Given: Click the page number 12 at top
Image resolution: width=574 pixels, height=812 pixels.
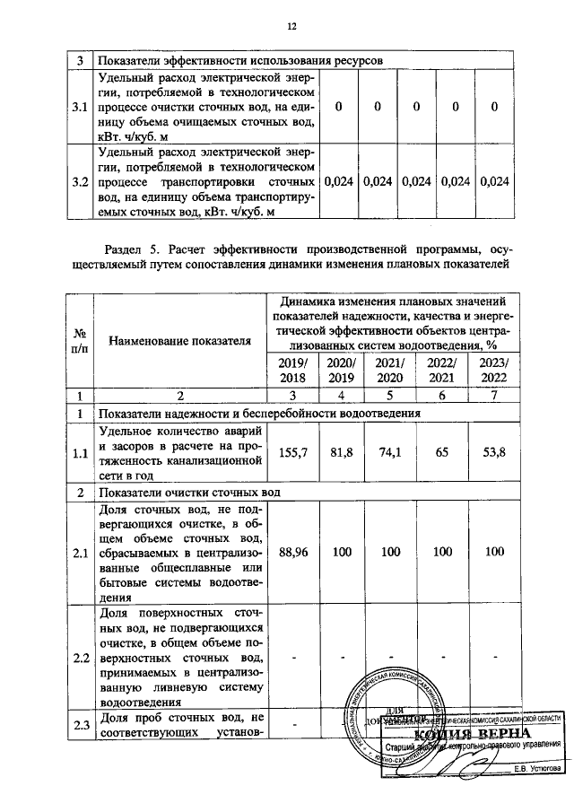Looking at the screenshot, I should pyautogui.click(x=291, y=26).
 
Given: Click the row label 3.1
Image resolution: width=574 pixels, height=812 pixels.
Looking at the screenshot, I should pyautogui.click(x=80, y=108).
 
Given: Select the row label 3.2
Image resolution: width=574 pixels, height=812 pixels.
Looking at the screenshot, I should pyautogui.click(x=80, y=182).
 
